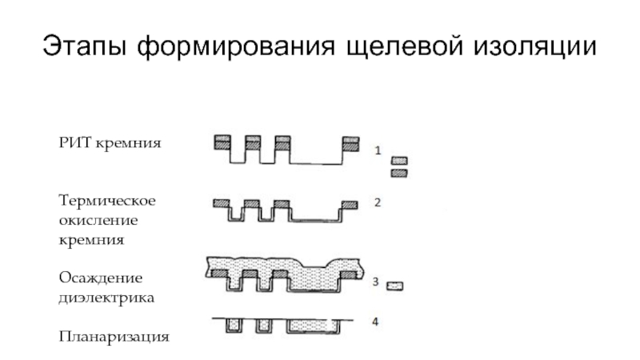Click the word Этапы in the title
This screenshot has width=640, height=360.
(83, 47)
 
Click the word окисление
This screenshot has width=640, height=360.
(98, 219)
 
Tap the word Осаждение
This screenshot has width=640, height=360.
(101, 278)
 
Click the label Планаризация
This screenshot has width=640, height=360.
(114, 337)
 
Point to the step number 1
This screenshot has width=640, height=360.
(378, 150)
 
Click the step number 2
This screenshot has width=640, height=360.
(377, 202)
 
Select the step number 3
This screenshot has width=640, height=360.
(375, 281)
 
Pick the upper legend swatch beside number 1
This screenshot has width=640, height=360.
(399, 161)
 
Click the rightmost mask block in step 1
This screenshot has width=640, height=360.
(350, 143)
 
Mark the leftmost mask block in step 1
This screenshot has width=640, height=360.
(222, 143)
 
